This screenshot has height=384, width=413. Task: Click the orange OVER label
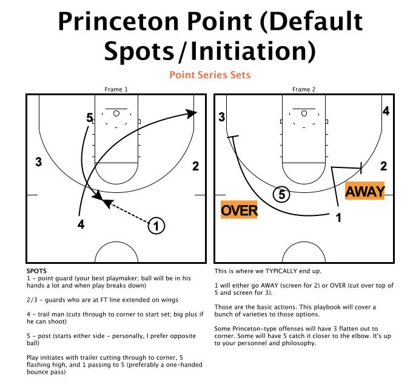point(240,210)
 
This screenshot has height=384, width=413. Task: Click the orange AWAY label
point(365,192)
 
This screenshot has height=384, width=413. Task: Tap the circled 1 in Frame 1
point(156,226)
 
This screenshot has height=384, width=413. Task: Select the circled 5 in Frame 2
point(281,195)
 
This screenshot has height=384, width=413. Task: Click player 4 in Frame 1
point(81,224)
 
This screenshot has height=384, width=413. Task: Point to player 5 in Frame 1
point(89,118)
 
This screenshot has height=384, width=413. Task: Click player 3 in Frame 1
point(38,162)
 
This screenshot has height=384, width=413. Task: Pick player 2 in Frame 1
point(195,166)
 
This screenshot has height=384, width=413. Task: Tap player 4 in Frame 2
point(385,110)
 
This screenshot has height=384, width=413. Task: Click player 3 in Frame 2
point(222,117)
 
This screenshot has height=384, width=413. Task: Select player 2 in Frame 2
point(383,166)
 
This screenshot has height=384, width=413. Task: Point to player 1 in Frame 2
point(339,217)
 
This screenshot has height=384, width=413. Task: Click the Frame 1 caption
point(116,89)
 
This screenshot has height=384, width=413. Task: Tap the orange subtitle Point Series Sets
point(210,75)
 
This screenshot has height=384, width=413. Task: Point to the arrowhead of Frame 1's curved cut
point(192,113)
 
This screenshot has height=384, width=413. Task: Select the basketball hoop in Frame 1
point(116,113)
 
